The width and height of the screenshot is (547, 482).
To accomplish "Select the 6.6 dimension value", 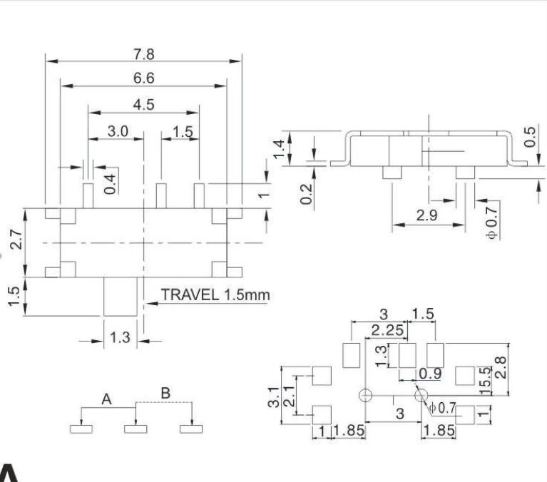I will [143, 78].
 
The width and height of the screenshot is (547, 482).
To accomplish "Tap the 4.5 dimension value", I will [143, 104].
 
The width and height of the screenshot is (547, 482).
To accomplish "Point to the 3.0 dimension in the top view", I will [118, 131].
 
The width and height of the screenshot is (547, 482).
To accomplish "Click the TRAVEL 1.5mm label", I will [215, 294].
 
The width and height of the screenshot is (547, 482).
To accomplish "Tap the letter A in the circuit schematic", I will [106, 399].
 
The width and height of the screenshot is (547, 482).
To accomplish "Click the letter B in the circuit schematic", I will [165, 393].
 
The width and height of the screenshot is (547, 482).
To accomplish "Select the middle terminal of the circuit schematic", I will [135, 429].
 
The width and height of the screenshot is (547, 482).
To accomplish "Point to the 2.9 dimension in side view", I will [426, 215].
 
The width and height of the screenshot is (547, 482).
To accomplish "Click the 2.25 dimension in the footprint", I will [387, 330].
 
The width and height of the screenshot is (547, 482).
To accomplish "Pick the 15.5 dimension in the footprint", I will [486, 381].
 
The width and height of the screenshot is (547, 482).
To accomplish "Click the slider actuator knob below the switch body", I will [120, 297].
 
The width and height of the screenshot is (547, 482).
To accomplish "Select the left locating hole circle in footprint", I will [366, 396].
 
